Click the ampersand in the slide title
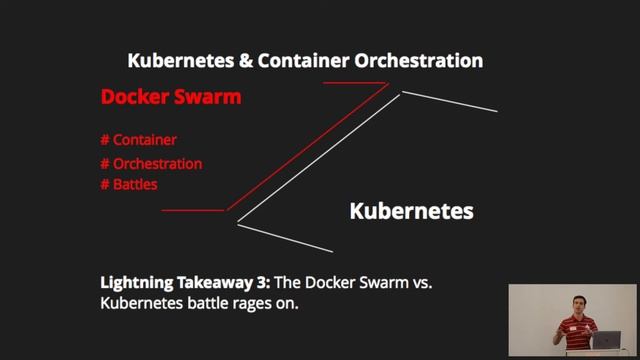245,61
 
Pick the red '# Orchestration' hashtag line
151,163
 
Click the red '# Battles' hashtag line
129,185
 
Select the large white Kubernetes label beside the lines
411,212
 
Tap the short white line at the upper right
449,102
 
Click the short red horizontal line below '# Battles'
193,211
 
